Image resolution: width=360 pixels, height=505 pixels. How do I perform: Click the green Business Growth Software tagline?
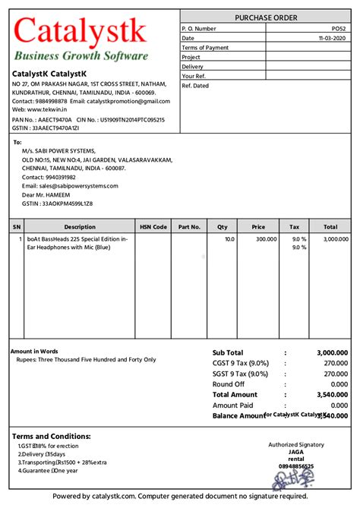click(x=81, y=55)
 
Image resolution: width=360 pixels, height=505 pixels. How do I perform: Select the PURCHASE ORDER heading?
click(x=266, y=17)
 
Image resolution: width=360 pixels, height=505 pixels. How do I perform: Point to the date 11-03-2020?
click(x=333, y=38)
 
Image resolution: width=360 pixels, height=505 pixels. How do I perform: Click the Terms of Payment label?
click(x=205, y=48)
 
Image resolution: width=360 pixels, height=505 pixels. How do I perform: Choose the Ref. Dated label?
click(x=196, y=86)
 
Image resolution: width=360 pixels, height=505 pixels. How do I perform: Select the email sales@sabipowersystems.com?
click(x=70, y=186)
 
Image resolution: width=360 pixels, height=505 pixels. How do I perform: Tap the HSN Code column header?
click(x=153, y=226)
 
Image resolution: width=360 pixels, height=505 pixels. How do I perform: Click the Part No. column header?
click(x=189, y=226)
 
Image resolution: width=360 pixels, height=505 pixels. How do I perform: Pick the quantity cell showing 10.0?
click(x=229, y=239)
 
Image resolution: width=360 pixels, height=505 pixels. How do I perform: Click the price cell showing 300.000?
click(x=266, y=239)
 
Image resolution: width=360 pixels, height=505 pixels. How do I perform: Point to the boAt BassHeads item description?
click(x=77, y=243)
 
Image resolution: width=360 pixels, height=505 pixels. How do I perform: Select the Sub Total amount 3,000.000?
click(x=332, y=353)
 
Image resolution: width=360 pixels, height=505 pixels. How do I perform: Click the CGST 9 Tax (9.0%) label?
click(x=241, y=363)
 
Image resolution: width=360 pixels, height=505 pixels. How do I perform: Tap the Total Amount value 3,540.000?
click(x=332, y=395)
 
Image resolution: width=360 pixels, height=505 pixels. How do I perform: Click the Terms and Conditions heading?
click(x=51, y=437)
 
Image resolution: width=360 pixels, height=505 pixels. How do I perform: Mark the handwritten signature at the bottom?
click(x=295, y=478)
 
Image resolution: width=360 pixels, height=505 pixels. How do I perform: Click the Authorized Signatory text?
click(x=296, y=445)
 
